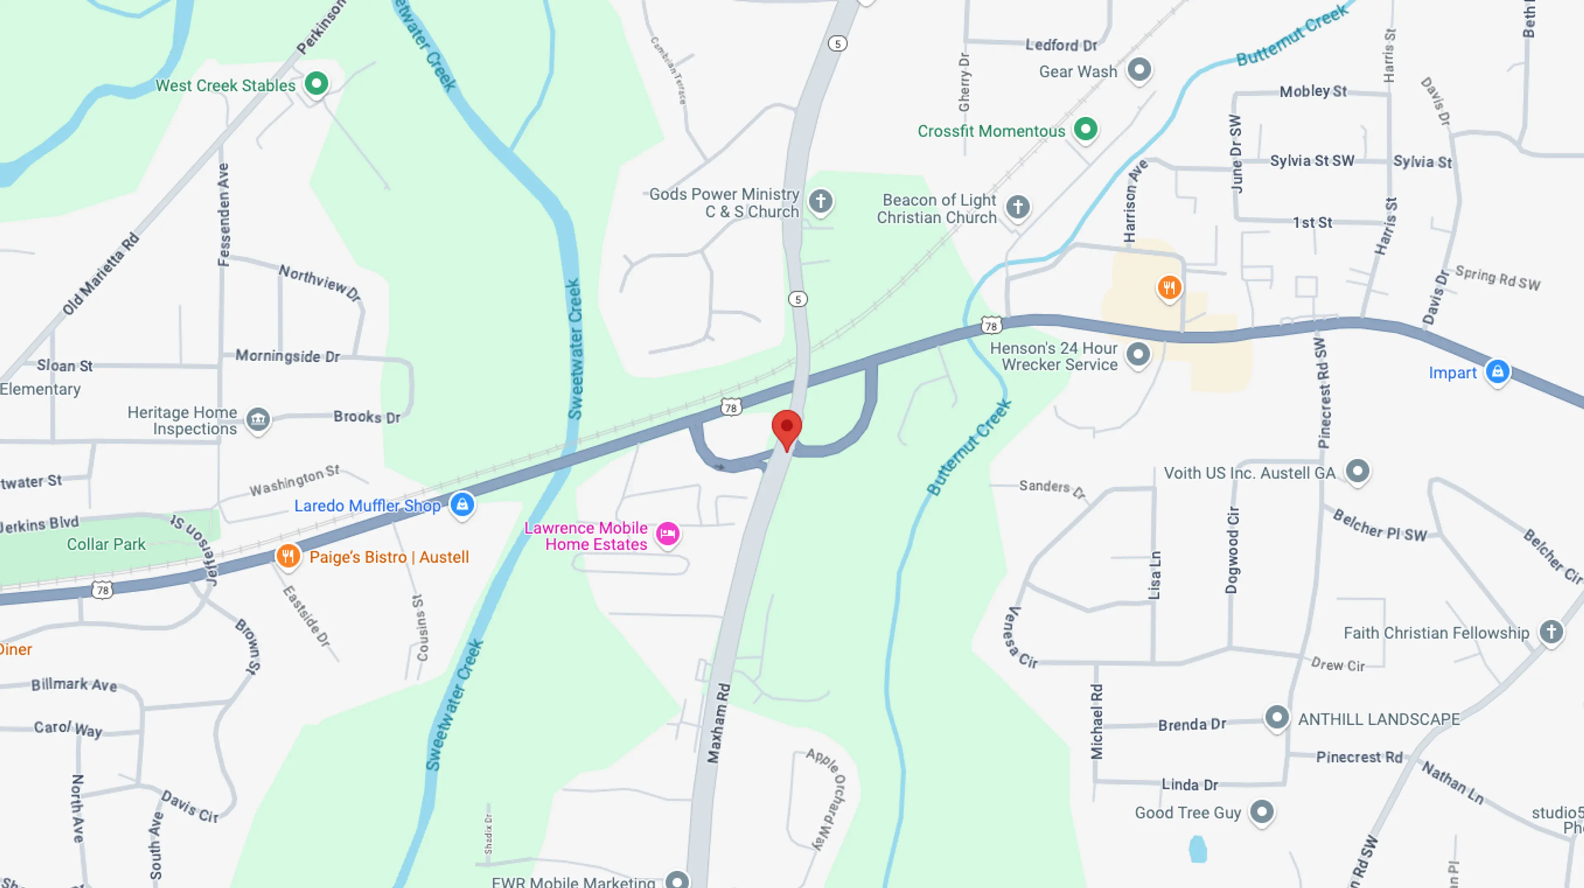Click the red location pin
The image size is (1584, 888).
(x=787, y=427)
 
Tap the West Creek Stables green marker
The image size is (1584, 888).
(x=316, y=83)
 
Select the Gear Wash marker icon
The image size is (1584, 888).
(x=1139, y=69)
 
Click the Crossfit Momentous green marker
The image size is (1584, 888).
(x=1085, y=129)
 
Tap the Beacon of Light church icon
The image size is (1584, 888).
(x=1018, y=207)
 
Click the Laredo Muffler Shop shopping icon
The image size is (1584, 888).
(x=462, y=505)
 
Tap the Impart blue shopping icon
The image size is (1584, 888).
(x=1497, y=372)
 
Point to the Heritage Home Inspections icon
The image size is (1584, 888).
(x=258, y=420)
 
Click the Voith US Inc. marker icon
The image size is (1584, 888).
(x=1357, y=471)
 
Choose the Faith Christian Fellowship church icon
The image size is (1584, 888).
(x=1551, y=631)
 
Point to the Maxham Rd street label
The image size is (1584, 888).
(x=718, y=723)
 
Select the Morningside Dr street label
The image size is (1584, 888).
(x=287, y=356)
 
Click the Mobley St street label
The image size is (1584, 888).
(x=1313, y=92)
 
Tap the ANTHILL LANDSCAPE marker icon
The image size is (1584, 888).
(x=1277, y=718)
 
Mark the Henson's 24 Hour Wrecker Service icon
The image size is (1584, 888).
(x=1138, y=354)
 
